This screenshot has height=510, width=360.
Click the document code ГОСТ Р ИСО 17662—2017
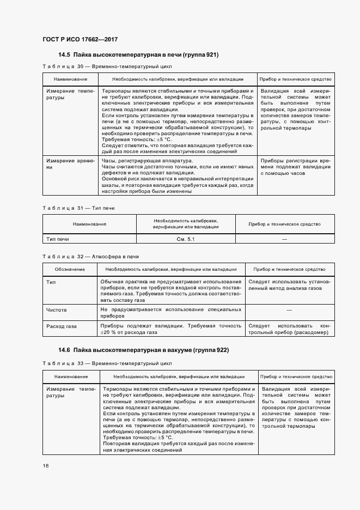[x=80, y=39]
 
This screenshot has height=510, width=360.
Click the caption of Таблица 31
[x=78, y=208]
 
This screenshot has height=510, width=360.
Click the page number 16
[x=45, y=466]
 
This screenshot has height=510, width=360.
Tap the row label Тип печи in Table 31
[x=58, y=239]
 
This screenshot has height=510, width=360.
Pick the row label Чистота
[x=57, y=309]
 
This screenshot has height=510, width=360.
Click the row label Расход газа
[x=62, y=326]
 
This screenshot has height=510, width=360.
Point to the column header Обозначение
[x=70, y=269]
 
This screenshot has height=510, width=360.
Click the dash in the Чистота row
[x=289, y=309]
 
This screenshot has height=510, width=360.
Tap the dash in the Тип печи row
[x=284, y=239]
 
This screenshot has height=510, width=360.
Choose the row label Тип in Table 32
[x=51, y=282]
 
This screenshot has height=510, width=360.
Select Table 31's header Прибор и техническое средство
[x=284, y=224]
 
